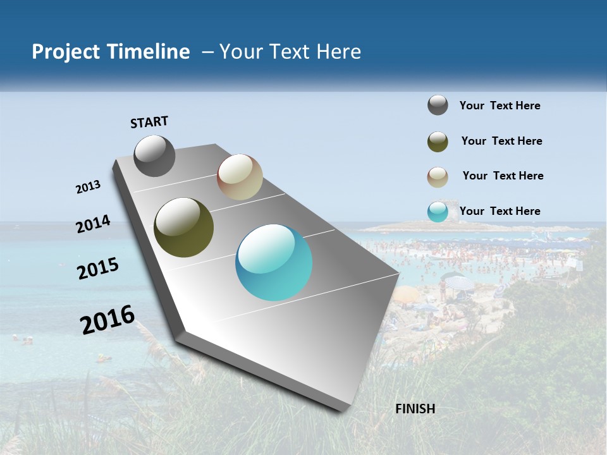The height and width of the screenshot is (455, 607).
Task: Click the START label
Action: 149,121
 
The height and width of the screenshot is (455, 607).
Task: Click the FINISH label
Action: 415,409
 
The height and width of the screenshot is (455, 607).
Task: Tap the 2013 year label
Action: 88,187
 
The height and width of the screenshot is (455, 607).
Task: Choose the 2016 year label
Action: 107,319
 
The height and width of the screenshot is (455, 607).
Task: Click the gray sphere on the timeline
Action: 154,155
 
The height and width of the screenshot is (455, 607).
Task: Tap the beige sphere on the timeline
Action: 240,177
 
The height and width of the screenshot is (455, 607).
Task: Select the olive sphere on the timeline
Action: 183,227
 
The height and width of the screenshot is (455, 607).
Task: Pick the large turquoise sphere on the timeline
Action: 274,262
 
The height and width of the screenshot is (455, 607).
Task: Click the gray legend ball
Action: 438,105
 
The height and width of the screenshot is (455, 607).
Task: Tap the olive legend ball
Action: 438,142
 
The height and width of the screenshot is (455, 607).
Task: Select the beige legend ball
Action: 438,177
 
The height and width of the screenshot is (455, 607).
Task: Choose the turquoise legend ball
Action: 438,212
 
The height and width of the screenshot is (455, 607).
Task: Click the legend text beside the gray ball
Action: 500,106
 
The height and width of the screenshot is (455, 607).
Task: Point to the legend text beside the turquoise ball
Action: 500,211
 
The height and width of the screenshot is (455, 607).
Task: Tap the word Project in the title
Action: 65,52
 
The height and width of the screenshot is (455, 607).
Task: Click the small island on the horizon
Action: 405,226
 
